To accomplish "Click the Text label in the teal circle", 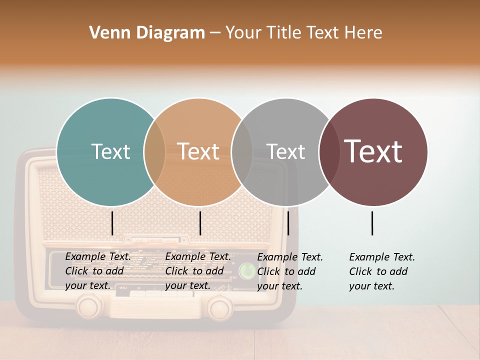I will (110, 151).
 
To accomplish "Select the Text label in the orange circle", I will (198, 151).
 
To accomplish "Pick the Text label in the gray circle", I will (285, 151).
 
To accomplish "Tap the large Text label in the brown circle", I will (373, 151).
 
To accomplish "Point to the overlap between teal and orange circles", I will (154, 152).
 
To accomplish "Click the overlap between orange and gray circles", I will (242, 152).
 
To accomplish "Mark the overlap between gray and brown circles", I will (329, 152).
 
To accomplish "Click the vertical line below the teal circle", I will (112, 223).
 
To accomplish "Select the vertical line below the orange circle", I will (200, 223).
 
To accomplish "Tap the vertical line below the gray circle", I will (288, 223).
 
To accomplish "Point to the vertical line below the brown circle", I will (372, 223).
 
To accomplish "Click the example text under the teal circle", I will (97, 271).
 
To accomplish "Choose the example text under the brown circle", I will (381, 271).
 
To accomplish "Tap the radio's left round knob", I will (90, 305).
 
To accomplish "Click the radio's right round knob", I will (219, 307).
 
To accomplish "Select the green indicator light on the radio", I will (245, 271).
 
